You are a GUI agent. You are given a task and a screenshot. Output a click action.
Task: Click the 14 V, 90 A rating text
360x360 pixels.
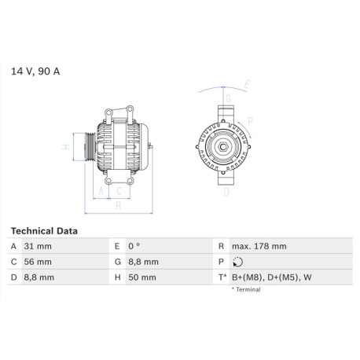pos(35,72)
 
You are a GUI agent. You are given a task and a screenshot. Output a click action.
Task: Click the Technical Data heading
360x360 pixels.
pos(44,231)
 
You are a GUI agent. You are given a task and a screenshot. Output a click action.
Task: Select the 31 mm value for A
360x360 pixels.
pos(38,246)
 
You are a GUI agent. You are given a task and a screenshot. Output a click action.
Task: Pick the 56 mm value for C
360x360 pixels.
pos(38,262)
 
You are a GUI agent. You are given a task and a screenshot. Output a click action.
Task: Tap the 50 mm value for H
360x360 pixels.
pos(142,277)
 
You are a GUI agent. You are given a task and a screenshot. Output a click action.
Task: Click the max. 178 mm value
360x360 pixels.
pos(259,246)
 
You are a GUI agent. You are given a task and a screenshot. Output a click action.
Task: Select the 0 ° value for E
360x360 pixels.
pos(134,246)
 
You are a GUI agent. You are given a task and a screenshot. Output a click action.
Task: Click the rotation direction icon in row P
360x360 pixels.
pos(237,262)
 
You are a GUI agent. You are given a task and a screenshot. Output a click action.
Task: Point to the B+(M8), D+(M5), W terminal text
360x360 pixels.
pos(272,277)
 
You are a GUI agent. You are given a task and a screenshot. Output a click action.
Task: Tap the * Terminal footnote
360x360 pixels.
pos(246,289)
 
